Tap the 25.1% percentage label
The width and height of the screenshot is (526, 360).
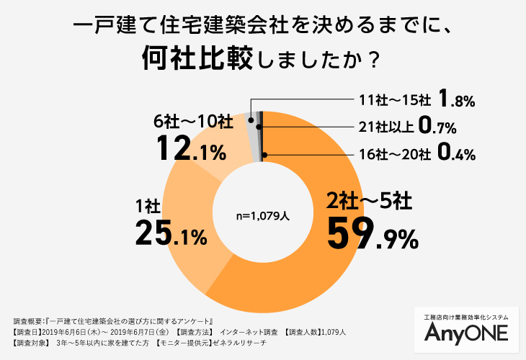tap(171, 233)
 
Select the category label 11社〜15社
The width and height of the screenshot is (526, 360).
tap(394, 99)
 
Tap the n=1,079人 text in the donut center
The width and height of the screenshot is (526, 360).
tap(263, 215)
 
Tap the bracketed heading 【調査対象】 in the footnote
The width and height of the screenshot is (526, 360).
tap(32, 343)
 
